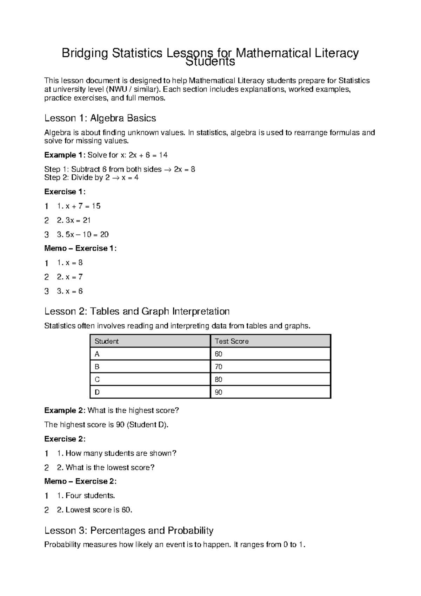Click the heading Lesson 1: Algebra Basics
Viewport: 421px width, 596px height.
coord(100,118)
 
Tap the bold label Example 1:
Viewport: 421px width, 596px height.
coord(65,155)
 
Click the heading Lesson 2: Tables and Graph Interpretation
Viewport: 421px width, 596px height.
coord(137,311)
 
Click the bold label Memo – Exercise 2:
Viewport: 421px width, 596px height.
coord(80,481)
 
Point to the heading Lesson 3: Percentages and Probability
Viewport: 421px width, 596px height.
coord(129,530)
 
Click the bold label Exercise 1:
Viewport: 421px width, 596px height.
coord(65,192)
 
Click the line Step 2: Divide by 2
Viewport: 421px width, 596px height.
coord(91,177)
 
